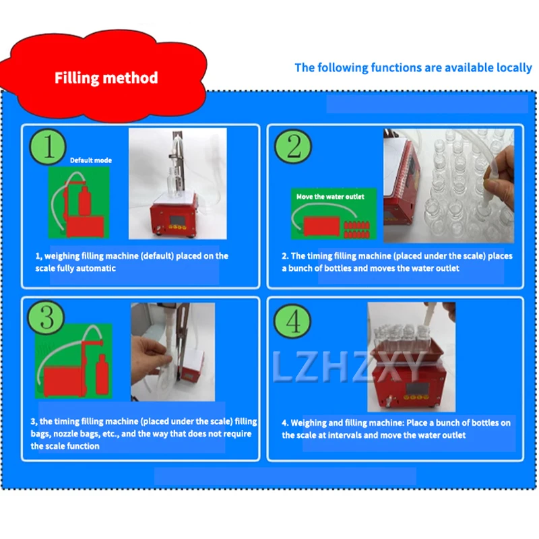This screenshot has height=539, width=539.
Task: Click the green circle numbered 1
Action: (x=48, y=147)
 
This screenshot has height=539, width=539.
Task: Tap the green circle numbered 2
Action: (x=293, y=146)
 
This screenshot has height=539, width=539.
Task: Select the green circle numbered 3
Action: (x=46, y=317)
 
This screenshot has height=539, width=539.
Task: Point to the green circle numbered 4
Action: (x=292, y=321)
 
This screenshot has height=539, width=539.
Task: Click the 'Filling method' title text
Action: (x=106, y=77)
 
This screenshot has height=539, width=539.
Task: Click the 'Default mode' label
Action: (x=91, y=160)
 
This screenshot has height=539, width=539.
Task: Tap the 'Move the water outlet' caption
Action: (x=330, y=197)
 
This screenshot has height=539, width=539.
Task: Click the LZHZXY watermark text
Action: (x=348, y=367)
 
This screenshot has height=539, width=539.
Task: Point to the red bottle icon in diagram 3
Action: (x=102, y=374)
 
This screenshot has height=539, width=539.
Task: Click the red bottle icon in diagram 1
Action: (x=85, y=201)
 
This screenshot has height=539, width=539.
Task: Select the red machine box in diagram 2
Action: (x=322, y=226)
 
